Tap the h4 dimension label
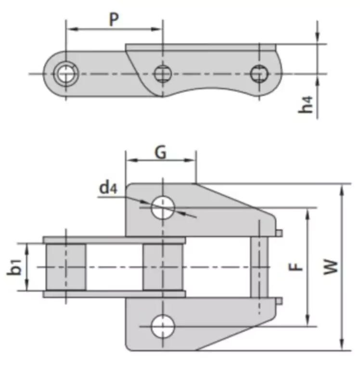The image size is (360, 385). pyautogui.click(x=306, y=104)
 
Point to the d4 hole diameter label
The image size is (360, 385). pyautogui.click(x=108, y=187)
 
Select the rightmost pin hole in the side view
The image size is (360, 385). pyautogui.click(x=259, y=73)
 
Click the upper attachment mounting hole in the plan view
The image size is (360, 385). pyautogui.click(x=162, y=207)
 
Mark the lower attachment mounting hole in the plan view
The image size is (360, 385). pyautogui.click(x=162, y=326)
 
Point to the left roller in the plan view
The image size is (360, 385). pyautogui.click(x=66, y=267)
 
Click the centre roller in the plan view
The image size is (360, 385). pyautogui.click(x=162, y=267)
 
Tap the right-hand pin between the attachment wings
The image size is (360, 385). pyautogui.click(x=259, y=267)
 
